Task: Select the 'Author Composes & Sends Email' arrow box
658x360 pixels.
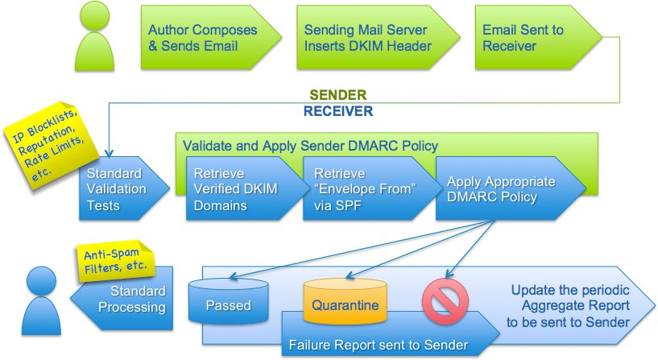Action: pyautogui.click(x=201, y=38)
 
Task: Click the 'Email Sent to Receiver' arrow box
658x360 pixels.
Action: pyautogui.click(x=532, y=38)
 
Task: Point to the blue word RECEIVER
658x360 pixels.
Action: pyautogui.click(x=337, y=111)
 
